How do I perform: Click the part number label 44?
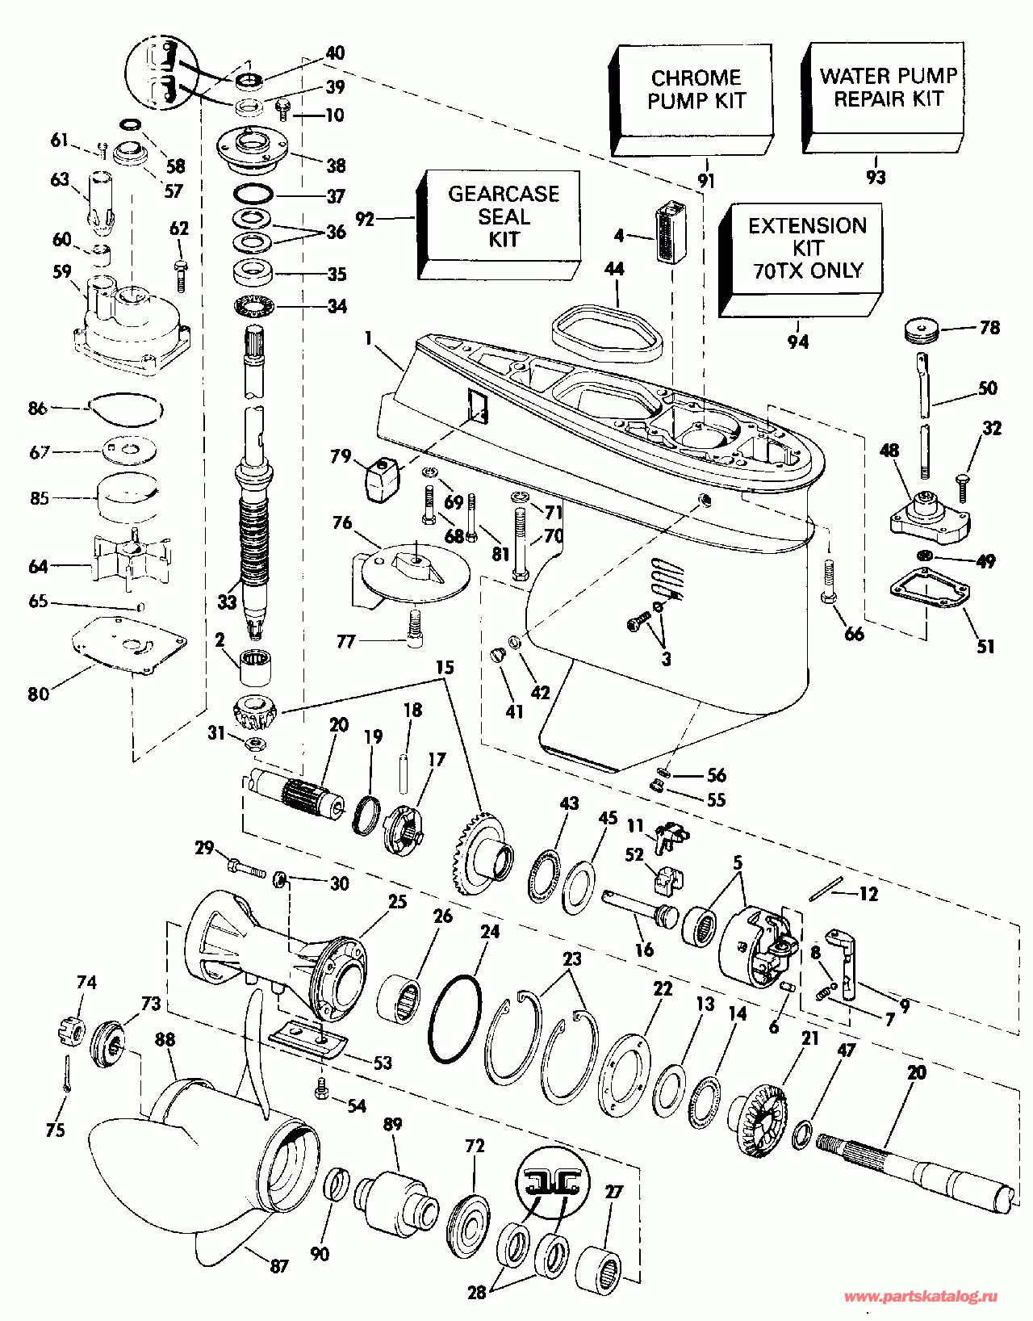614,270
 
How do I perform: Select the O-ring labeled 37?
253,195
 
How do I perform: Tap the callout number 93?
875,178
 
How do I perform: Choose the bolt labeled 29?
246,869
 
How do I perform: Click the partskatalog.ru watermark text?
919,1297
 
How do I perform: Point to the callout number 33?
228,602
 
